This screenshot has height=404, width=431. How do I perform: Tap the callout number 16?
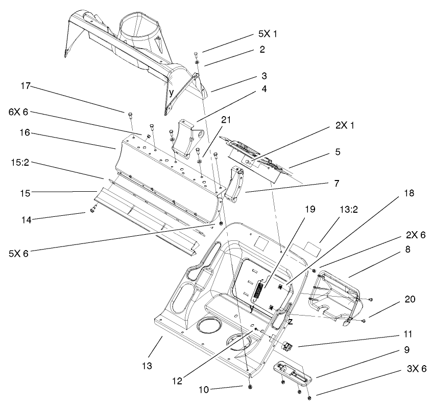[x=27, y=132]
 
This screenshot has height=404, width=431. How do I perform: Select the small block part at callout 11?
[x=286, y=346]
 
